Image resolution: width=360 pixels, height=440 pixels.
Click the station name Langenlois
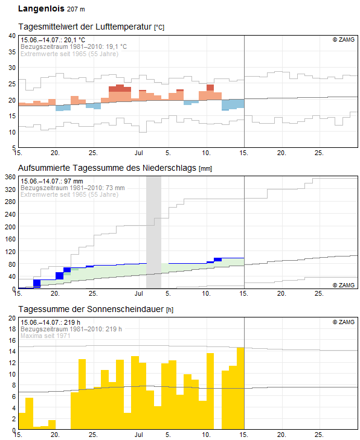point(41,8)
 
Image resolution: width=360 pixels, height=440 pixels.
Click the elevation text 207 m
point(76,9)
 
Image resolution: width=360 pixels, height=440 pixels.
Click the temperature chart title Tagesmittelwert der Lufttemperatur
point(85,27)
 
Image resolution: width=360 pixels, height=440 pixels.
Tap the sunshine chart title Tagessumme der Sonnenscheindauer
point(91,309)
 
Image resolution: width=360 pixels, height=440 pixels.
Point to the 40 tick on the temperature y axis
point(12,36)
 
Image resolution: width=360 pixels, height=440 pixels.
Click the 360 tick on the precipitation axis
point(10,177)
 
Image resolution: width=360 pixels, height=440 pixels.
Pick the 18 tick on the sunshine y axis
point(12,329)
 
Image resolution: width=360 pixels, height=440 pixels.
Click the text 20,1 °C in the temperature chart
point(74,40)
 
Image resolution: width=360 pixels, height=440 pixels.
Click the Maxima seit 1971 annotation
point(45,336)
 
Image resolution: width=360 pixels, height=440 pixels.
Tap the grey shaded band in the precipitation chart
point(153,232)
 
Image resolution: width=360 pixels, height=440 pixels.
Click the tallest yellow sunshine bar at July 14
point(240,388)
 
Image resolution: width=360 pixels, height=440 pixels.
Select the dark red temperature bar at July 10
point(210,88)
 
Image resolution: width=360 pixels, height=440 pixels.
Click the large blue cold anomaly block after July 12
point(233,104)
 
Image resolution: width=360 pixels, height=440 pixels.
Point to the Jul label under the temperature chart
point(139,153)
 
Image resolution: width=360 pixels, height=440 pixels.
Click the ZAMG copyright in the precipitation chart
point(344,285)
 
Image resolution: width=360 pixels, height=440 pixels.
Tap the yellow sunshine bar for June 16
point(30,413)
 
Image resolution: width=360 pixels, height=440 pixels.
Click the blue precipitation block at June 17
point(37,284)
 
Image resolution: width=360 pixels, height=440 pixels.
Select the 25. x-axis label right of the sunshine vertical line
point(319,435)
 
